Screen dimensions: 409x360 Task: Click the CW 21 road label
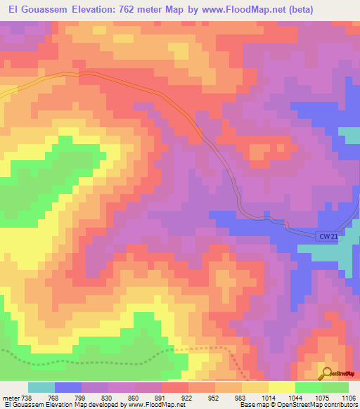pos(328,237)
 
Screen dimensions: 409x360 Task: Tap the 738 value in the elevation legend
pos(26,398)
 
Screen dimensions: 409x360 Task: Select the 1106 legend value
pos(347,398)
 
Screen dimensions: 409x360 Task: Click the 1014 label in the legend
pos(269,398)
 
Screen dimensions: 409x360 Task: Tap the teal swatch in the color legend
pos(41,387)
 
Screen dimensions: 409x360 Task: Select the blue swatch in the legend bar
pos(68,387)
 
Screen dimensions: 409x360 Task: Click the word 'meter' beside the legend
pos(10,398)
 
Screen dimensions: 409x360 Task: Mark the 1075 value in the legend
pos(321,398)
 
